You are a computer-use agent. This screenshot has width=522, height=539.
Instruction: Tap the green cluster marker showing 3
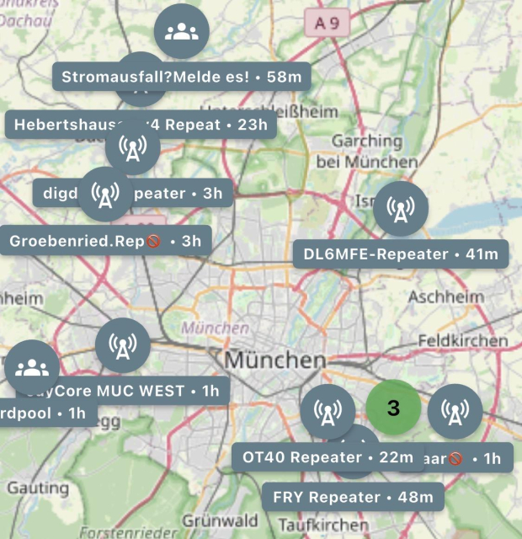393,408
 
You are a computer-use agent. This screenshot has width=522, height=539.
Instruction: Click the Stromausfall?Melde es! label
182,76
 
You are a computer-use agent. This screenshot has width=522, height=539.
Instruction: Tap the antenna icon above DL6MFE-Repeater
401,208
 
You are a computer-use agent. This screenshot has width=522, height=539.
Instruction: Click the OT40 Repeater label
327,458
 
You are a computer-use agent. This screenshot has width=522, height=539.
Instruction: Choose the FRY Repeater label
353,497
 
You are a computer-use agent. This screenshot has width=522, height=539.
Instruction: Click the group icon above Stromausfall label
182,31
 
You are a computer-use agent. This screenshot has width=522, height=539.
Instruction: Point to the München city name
274,360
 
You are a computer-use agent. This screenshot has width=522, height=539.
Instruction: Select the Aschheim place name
445,297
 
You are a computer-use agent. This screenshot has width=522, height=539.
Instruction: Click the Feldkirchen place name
462,341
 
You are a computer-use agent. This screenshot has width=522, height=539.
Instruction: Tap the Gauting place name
38,488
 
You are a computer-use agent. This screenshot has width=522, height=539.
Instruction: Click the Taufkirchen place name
312,524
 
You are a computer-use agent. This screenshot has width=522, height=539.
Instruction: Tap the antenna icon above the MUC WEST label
123,346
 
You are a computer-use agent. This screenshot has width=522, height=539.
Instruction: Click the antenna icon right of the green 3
455,412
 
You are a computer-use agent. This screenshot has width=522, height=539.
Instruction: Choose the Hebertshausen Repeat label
141,125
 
